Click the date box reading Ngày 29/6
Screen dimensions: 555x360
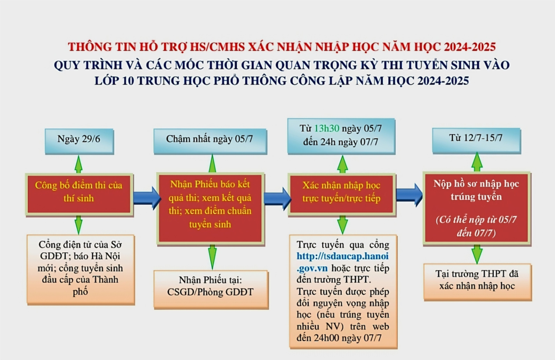[x=79, y=141]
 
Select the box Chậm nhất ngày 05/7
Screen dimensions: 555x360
[x=210, y=141]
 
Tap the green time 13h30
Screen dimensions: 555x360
[x=327, y=129]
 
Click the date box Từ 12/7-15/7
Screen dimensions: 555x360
[x=476, y=140]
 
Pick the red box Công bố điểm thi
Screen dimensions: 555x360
[x=79, y=194]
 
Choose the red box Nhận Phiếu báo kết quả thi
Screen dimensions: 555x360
[x=210, y=208]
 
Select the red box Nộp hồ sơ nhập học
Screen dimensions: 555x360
[x=476, y=208]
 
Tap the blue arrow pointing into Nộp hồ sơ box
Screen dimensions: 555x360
[x=409, y=195]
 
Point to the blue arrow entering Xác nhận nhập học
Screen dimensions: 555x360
[x=277, y=198]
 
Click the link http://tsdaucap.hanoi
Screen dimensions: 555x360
[x=342, y=256]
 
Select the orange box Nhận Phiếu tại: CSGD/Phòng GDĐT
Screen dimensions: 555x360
[x=211, y=289]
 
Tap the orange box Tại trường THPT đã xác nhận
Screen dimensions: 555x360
[x=477, y=282]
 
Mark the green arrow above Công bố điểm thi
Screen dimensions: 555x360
[x=79, y=164]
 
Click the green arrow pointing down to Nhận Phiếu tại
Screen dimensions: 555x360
[x=212, y=257]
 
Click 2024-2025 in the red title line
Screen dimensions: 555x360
[x=470, y=47]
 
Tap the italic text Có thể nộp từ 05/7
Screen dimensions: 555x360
[x=476, y=220]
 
